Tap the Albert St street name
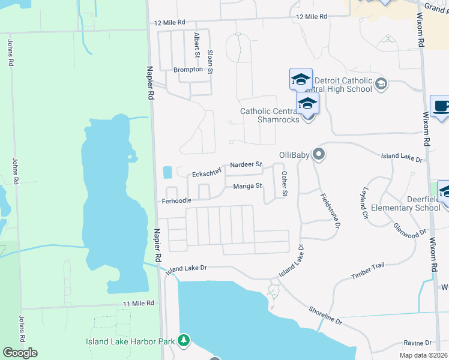pos(196,46)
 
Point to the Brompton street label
pos(188,70)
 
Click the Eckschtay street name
pos(206,173)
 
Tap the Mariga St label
pos(248,186)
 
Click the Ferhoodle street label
pos(176,201)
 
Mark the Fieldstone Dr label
pos(331,210)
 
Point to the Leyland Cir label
pos(364,203)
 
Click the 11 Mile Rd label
pos(139,304)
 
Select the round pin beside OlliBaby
pos(319,155)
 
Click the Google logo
pos(20,353)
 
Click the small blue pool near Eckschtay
pos(167,172)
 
